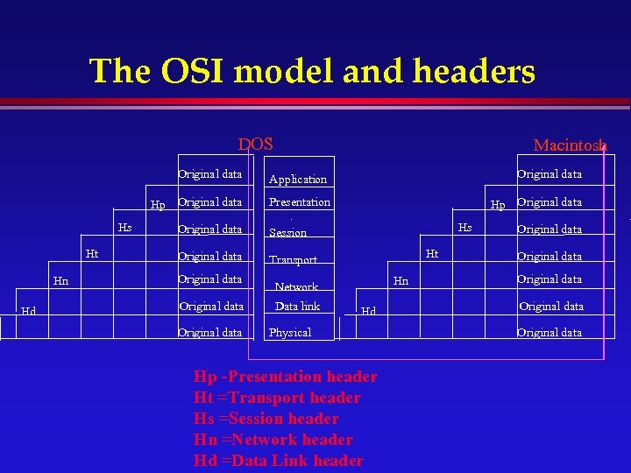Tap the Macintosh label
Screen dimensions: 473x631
coord(570,145)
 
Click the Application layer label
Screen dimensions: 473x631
coord(298,180)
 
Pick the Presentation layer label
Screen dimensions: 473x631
coord(300,202)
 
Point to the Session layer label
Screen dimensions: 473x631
coord(287,233)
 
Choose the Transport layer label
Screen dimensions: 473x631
coord(293,260)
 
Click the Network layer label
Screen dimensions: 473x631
coord(296,286)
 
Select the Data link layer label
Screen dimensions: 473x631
coord(298,307)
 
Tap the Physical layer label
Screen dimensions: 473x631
coord(290,333)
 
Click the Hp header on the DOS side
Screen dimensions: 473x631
coord(158,206)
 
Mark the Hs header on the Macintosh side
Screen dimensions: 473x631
coord(465,228)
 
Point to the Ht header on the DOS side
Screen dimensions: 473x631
coord(91,254)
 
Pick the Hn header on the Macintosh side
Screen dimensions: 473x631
coord(401,281)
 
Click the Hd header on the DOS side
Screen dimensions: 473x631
coord(29,311)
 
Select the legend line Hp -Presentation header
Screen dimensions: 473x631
coord(285,377)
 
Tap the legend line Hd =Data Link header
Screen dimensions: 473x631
coord(278,461)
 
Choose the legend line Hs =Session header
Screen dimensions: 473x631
coord(266,419)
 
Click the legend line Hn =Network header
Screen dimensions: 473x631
coord(273,440)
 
